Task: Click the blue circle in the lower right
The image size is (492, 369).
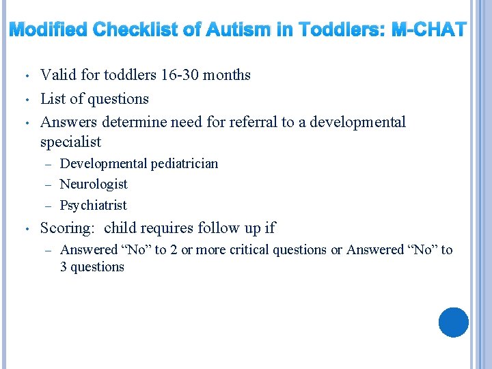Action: pos(453,323)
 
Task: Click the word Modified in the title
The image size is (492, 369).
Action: pos(48,30)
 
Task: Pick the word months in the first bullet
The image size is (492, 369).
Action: pos(228,75)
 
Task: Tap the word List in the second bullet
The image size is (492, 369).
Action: pos(53,98)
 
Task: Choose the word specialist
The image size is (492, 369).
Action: pos(70,142)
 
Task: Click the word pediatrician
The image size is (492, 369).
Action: pos(184,164)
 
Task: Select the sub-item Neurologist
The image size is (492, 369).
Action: pos(94,184)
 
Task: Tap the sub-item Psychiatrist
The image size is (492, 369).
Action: pos(93,206)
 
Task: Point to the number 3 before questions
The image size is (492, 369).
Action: pos(64,267)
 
